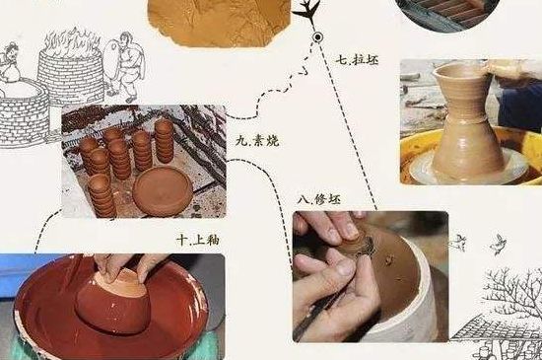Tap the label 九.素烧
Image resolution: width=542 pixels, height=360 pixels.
point(257,141)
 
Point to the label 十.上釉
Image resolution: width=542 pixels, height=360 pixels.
point(196,239)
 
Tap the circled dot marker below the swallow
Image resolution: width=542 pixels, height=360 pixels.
point(317,37)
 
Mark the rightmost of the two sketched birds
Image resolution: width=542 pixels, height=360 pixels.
point(500,240)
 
